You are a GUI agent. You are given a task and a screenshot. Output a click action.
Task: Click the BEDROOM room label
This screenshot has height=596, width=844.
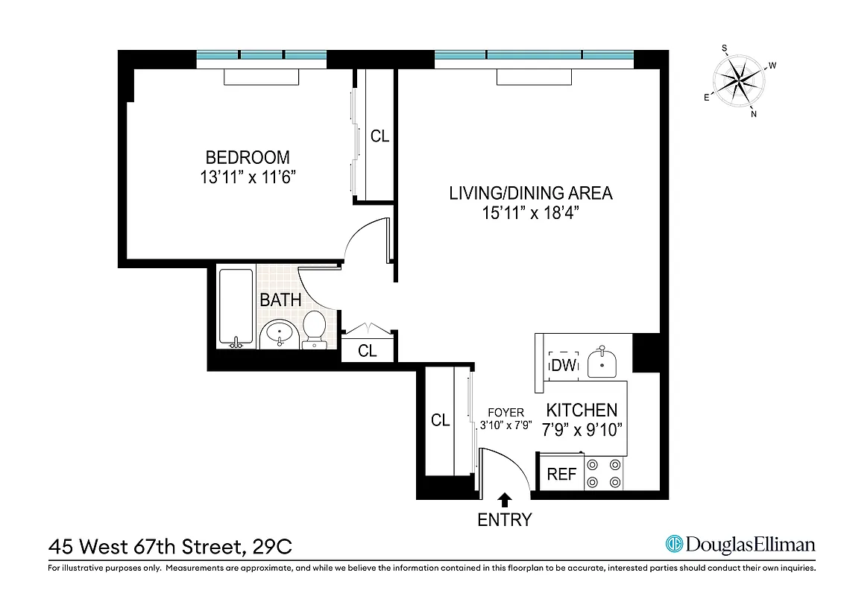coord(247,157)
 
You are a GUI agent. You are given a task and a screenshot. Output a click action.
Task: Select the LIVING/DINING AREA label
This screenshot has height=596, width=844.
coord(530,194)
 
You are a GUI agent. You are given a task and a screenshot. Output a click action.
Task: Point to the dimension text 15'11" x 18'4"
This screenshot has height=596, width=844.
coord(530,213)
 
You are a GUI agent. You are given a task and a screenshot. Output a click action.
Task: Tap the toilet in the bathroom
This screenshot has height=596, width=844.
coord(315,329)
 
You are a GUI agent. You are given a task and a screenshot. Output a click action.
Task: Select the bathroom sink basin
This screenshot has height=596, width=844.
coord(280,332)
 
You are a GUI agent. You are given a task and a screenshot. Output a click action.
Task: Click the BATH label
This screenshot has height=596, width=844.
coord(280,301)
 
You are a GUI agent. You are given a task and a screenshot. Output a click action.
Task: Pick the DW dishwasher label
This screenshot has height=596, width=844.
coord(563,365)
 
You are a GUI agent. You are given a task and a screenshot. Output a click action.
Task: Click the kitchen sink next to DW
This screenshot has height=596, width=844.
coord(602,364)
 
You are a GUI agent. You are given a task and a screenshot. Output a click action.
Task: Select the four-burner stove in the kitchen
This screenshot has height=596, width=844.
coord(604,473)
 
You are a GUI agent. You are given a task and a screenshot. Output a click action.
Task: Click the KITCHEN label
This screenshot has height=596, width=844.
coord(582,410)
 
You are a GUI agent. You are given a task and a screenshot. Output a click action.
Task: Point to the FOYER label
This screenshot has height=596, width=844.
coord(506,412)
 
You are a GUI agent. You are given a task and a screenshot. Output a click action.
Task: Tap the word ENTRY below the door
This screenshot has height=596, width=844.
coord(505,520)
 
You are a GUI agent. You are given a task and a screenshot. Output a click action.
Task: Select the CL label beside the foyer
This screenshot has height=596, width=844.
coord(441,420)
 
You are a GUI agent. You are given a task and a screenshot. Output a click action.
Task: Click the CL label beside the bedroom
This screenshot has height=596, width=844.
coord(380,136)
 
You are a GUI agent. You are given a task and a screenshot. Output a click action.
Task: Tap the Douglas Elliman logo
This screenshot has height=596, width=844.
coord(740,545)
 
